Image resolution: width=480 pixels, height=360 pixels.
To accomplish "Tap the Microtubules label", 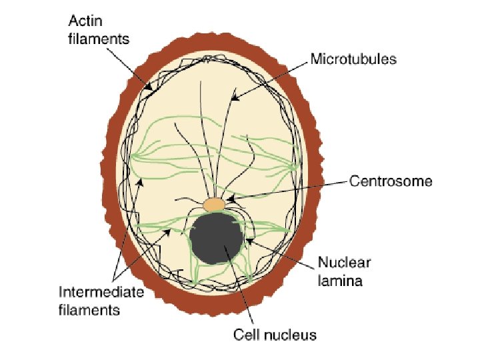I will coord(353,59).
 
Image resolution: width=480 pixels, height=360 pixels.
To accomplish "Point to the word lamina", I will coord(340,281).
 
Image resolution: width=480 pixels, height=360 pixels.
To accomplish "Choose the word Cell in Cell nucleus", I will coord(245,333).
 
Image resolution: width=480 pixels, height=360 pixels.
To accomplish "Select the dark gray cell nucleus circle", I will coord(216,237).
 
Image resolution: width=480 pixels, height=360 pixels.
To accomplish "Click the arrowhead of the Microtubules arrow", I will coord(233,99).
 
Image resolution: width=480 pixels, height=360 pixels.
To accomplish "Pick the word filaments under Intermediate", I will coord(89,309).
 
